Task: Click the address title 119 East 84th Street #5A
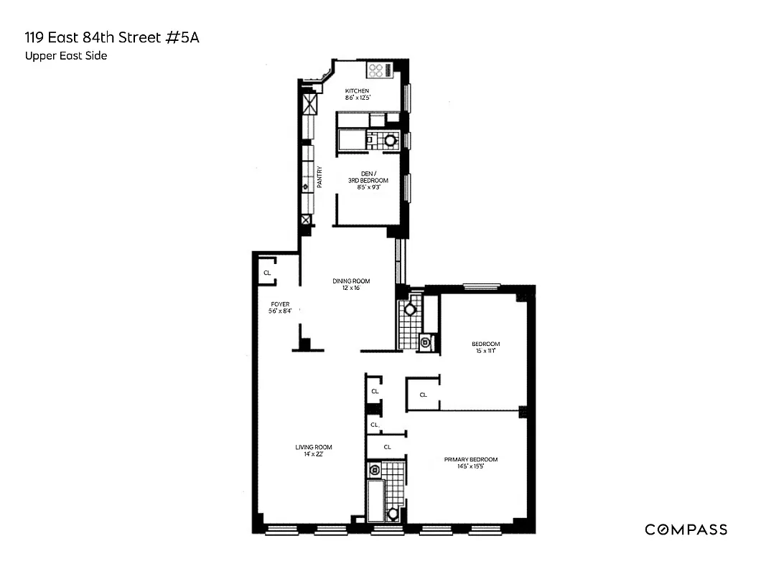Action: click(111, 37)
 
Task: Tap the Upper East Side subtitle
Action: click(65, 56)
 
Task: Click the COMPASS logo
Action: click(686, 530)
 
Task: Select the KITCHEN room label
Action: click(357, 91)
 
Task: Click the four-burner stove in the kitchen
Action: click(376, 70)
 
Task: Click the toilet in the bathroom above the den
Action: click(391, 141)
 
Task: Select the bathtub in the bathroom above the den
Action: click(351, 141)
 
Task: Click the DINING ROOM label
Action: click(351, 281)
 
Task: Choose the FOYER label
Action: click(280, 304)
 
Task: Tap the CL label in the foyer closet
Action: click(267, 273)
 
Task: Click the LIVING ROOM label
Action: click(314, 447)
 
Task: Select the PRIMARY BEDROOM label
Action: click(470, 460)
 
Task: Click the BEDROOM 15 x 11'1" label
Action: click(485, 344)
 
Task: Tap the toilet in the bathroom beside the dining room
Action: click(410, 309)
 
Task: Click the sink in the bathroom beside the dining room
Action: click(426, 343)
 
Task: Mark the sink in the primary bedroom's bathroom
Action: click(375, 470)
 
